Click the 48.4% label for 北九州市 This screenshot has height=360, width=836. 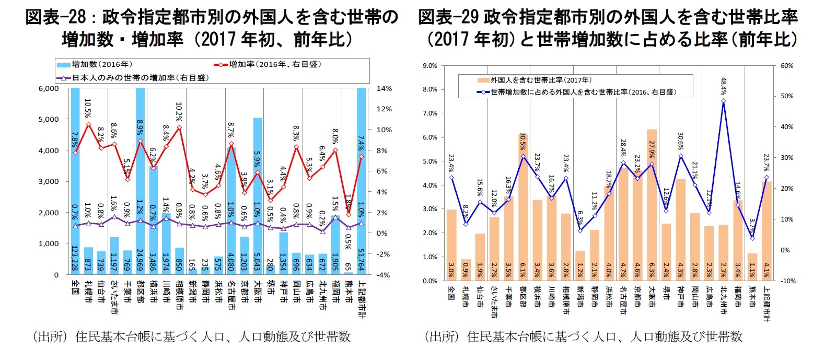click(723, 86)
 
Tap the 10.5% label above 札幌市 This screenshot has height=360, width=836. click(88, 109)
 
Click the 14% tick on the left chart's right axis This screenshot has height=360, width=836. click(384, 88)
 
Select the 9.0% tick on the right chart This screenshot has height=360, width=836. click(429, 66)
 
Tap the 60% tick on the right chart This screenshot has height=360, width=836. click(786, 66)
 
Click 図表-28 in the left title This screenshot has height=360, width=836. click(55, 17)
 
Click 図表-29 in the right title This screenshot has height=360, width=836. click(448, 17)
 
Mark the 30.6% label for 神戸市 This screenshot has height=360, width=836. click(680, 141)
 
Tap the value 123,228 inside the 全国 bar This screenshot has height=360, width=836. click(75, 259)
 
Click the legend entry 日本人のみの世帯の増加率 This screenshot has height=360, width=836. click(133, 78)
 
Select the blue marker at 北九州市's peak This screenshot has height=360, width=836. click(723, 101)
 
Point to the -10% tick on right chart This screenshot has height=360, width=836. click(787, 281)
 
